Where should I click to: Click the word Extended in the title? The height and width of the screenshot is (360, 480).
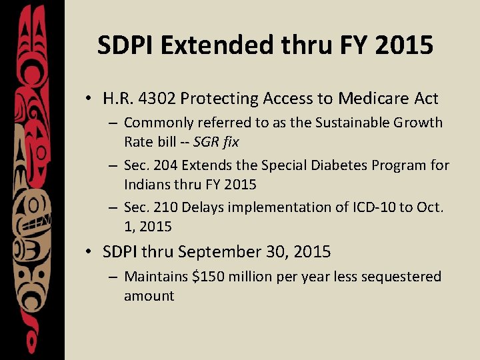point(213,45)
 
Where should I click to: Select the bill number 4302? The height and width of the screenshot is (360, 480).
point(157,99)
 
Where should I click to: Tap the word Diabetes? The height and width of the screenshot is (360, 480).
point(315,165)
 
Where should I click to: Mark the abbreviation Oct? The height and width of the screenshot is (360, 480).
point(430,207)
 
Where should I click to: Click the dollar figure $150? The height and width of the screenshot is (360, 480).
point(207,276)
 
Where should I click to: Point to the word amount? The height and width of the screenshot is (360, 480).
point(149,295)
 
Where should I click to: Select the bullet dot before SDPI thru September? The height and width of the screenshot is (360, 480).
point(88,253)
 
